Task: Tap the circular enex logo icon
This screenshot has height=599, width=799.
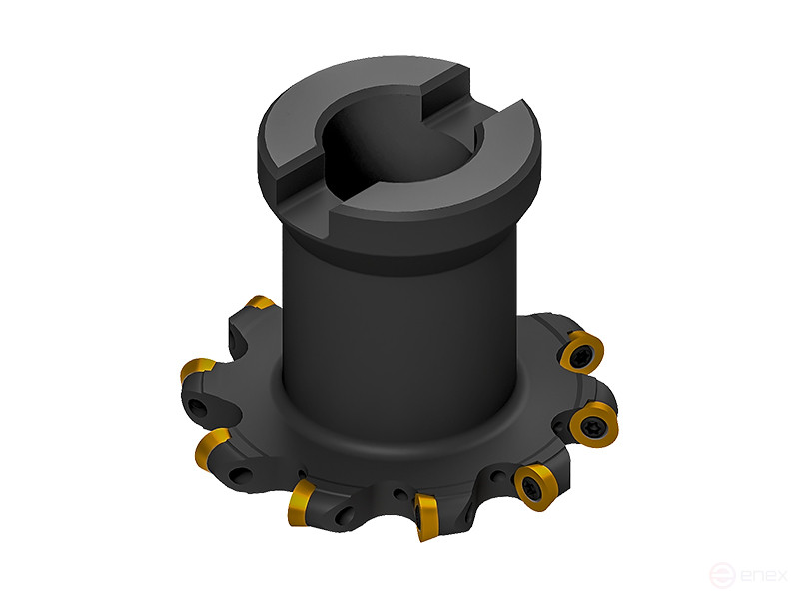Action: coord(721,576)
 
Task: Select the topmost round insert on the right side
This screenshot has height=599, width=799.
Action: coord(579,351)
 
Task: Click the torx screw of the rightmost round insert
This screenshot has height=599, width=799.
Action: coord(590,424)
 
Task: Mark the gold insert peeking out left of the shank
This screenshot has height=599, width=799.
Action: coord(261,302)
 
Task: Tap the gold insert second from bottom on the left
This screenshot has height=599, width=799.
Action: coord(303,493)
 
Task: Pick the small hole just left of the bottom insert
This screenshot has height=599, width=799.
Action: coord(400,493)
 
